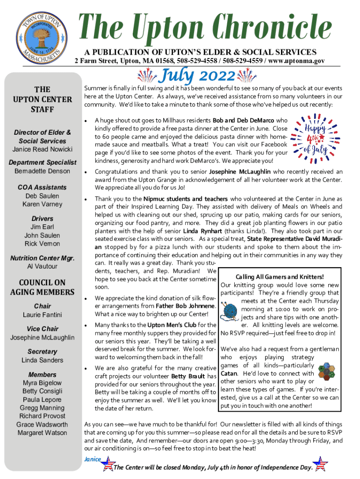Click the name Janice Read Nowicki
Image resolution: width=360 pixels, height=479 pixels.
click(x=42, y=149)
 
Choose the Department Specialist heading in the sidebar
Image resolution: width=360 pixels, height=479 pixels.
click(x=42, y=162)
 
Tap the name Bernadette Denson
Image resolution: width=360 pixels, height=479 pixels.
click(x=42, y=171)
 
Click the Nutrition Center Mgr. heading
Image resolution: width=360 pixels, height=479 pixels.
click(x=42, y=258)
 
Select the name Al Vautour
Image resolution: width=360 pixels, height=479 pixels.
click(x=42, y=266)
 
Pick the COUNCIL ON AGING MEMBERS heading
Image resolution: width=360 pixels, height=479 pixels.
click(x=42, y=287)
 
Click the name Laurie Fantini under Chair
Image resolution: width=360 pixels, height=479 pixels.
click(x=42, y=315)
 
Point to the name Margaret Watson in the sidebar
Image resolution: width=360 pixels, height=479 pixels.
click(x=42, y=433)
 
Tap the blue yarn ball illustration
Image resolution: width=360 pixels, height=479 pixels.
click(x=230, y=312)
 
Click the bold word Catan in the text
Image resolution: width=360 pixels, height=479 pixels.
click(x=230, y=374)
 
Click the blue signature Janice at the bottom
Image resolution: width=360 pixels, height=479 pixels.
click(x=92, y=459)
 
